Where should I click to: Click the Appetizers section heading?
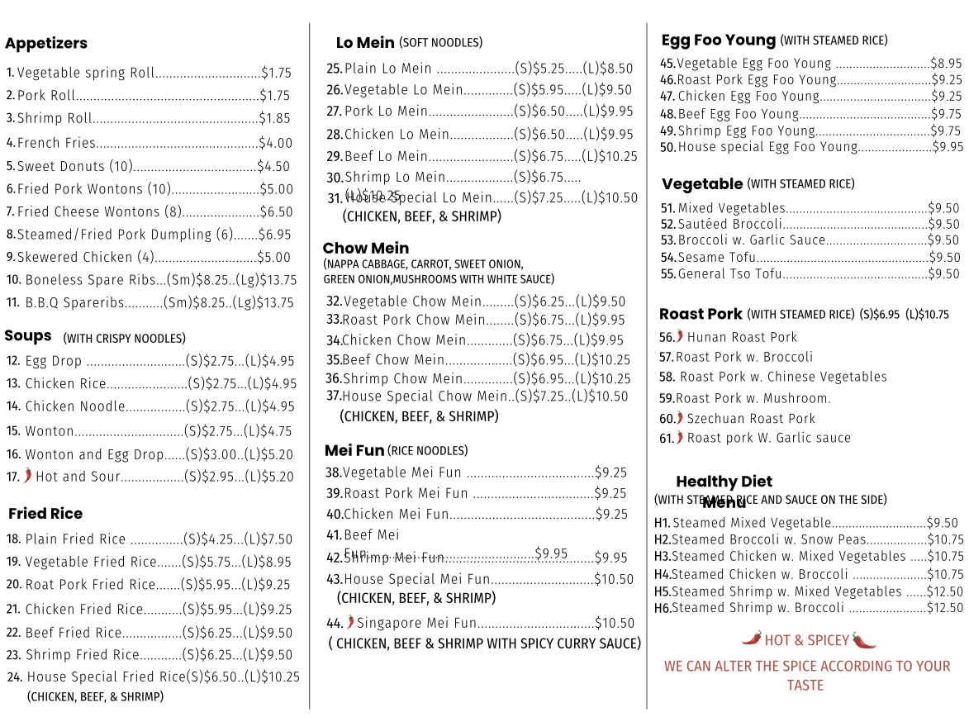point(46,44)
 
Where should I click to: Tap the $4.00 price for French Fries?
point(275,143)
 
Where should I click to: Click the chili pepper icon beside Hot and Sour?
point(28,475)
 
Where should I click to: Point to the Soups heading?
point(28,336)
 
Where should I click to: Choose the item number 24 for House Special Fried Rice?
point(14,677)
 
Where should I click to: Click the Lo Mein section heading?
point(365,43)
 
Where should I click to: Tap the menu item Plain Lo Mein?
point(387,69)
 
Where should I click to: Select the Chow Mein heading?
point(366,248)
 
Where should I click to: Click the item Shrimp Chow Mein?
point(403,379)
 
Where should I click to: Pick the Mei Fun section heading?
point(354,450)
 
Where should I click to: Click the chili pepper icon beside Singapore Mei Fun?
point(350,622)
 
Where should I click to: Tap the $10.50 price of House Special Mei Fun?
point(615,579)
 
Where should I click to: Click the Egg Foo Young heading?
point(719,40)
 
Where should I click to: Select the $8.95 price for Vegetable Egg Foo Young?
point(947,63)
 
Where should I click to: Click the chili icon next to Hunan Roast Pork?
point(680,336)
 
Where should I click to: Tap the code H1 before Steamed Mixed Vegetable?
point(662,523)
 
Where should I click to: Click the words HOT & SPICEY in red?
point(806,640)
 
